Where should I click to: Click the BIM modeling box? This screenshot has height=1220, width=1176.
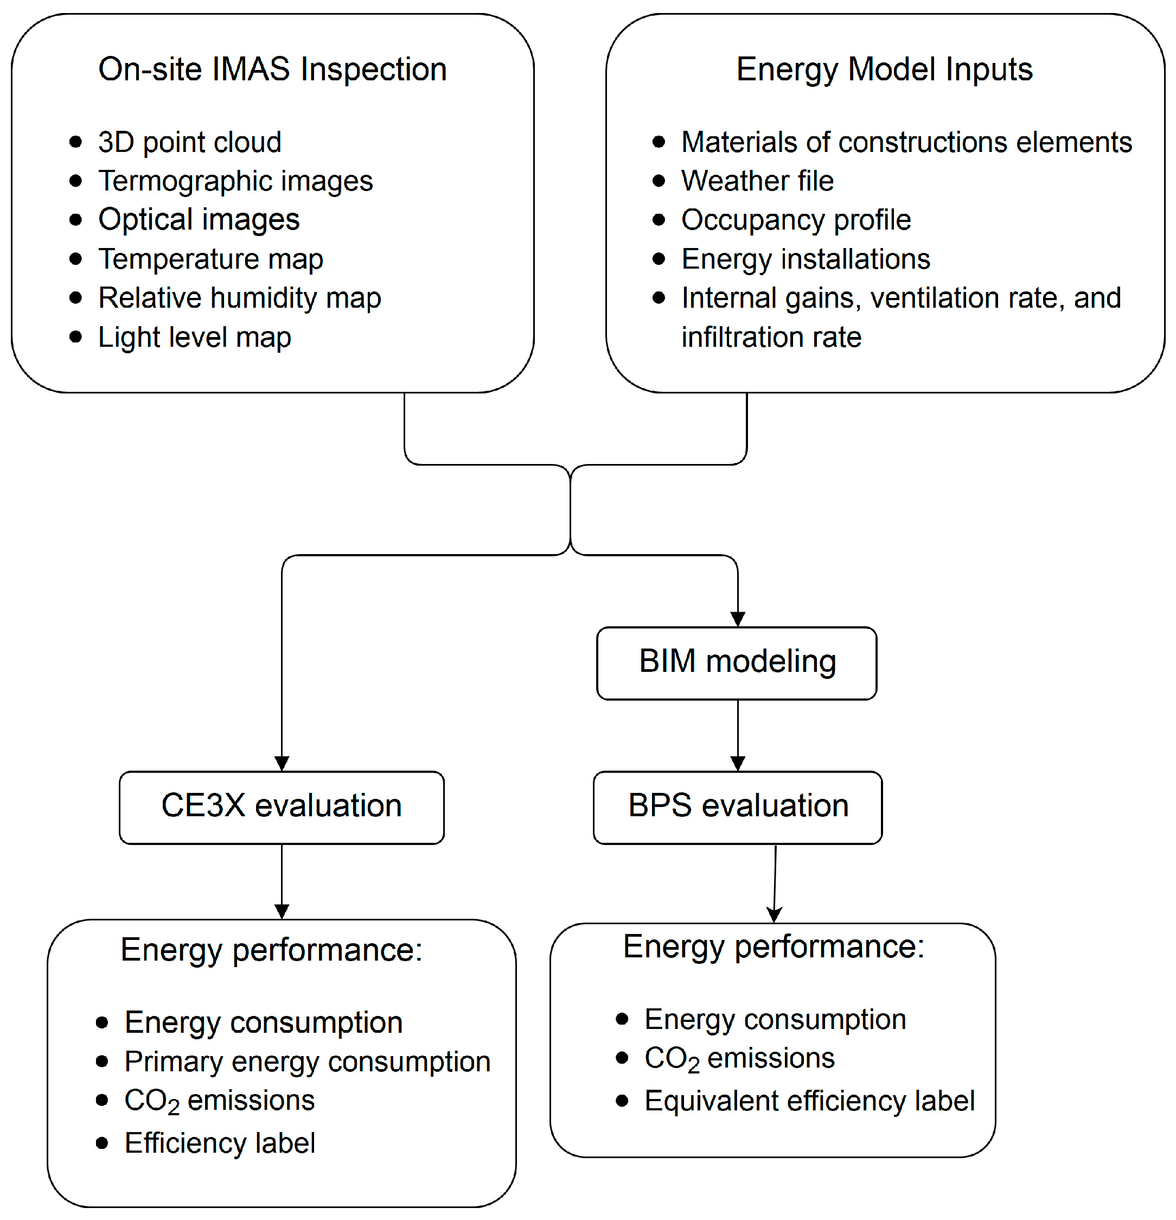[737, 663]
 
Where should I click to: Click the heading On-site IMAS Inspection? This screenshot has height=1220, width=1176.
[272, 69]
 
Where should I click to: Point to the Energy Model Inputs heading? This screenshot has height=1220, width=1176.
[884, 69]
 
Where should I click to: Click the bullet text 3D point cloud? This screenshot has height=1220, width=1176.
[190, 143]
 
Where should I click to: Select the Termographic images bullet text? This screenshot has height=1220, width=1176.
[235, 181]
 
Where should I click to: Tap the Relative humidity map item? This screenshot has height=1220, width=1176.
[240, 298]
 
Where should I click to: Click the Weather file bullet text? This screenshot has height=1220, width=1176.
[757, 181]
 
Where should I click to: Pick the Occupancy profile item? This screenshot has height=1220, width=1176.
[796, 220]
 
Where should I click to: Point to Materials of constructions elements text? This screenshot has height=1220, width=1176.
[906, 143]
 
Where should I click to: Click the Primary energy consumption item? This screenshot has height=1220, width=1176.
[308, 1062]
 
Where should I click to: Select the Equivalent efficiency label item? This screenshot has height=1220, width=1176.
[809, 1101]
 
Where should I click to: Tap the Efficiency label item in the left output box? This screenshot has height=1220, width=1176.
[220, 1143]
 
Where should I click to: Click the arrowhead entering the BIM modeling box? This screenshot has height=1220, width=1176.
[737, 619]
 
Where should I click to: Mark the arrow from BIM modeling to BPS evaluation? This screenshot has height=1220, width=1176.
[737, 734]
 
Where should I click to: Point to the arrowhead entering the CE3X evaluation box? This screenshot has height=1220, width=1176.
[282, 763]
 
